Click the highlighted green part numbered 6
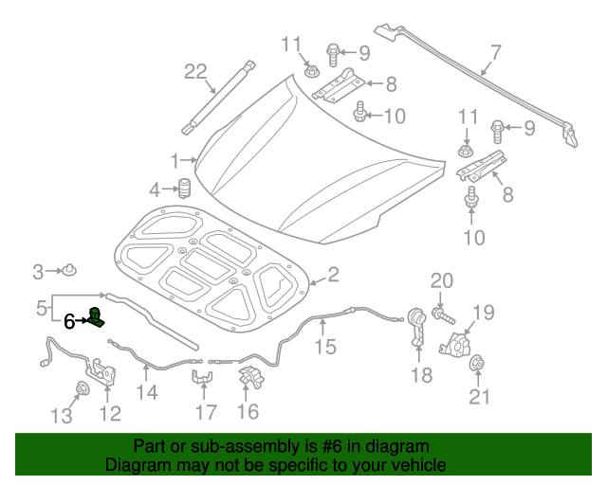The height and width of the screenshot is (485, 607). (x=96, y=318)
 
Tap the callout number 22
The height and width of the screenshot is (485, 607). (x=194, y=71)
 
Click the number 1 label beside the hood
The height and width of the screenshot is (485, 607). (x=175, y=159)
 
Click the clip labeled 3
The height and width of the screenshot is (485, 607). (x=71, y=273)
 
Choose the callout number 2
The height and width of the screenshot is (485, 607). (x=333, y=275)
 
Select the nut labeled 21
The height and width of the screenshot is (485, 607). (x=479, y=363)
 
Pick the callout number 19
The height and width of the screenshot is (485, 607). (x=484, y=313)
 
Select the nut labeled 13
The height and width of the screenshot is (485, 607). (x=81, y=387)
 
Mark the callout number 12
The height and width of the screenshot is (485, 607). (x=110, y=412)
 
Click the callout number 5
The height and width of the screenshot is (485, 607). (x=42, y=308)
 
